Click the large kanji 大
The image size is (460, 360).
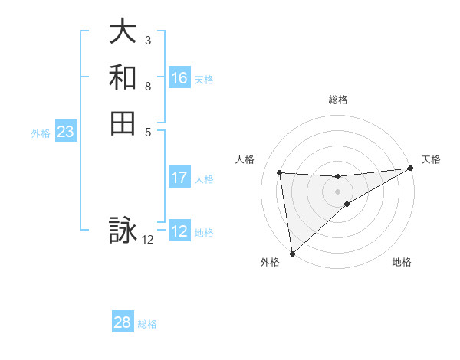click(123, 33)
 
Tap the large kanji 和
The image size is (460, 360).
click(123, 78)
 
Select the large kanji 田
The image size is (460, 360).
click(123, 123)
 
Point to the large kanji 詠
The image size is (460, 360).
click(123, 230)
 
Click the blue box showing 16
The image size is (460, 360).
click(179, 78)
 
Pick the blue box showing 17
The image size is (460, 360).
click(179, 178)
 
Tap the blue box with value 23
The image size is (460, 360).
click(66, 132)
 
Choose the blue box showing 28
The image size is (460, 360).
click(123, 322)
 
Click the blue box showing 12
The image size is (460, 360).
click(179, 231)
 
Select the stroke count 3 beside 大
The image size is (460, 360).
click(147, 39)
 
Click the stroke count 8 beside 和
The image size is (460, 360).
click(147, 86)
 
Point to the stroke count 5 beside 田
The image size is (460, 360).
click(147, 131)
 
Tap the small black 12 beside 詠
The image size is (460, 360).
click(148, 240)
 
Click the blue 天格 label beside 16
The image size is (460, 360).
click(204, 79)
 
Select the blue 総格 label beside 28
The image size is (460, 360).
click(147, 324)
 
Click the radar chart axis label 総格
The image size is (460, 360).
click(337, 100)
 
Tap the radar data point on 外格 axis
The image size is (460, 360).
click(292, 253)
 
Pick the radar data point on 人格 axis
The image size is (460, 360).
click(280, 172)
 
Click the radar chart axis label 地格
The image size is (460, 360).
click(402, 263)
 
